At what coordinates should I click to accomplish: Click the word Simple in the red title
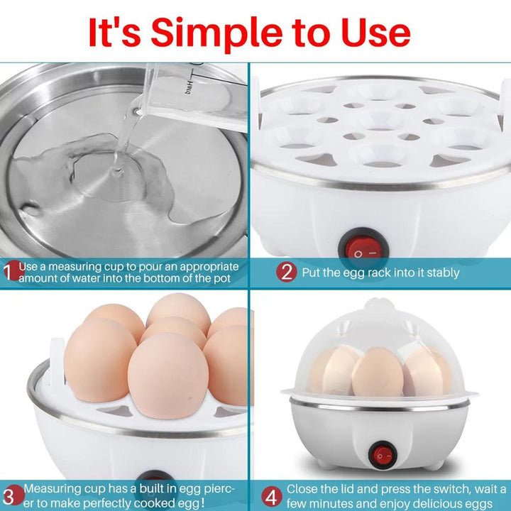pyautogui.click(x=216, y=33)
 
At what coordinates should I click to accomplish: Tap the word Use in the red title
pyautogui.click(x=375, y=33)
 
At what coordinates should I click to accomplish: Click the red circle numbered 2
pyautogui.click(x=287, y=272)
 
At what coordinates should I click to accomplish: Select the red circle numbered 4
pyautogui.click(x=271, y=497)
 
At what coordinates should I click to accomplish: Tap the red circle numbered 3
pyautogui.click(x=13, y=495)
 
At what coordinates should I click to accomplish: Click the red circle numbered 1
pyautogui.click(x=12, y=270)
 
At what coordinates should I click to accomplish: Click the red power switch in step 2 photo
pyautogui.click(x=363, y=248)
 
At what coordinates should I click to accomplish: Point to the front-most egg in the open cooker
pyautogui.click(x=167, y=375)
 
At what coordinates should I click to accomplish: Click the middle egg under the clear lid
pyautogui.click(x=378, y=371)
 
